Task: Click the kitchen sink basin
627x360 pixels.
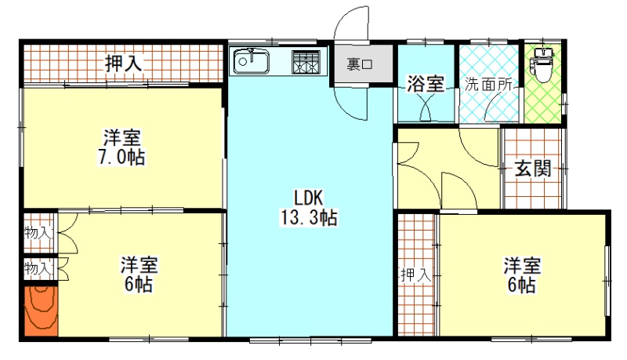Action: click(x=251, y=61)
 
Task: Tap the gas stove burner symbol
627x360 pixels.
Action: click(x=306, y=62)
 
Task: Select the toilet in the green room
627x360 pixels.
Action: click(x=542, y=65)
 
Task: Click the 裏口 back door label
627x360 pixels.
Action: click(x=360, y=64)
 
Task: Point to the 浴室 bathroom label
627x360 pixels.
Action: click(x=426, y=84)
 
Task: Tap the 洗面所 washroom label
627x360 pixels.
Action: click(x=488, y=85)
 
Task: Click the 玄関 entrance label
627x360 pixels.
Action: click(x=533, y=169)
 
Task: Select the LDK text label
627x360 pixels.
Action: click(x=308, y=198)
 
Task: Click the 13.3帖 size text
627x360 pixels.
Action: click(x=309, y=218)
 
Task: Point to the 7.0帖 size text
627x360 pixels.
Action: click(x=121, y=157)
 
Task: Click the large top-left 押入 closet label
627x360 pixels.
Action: click(x=124, y=64)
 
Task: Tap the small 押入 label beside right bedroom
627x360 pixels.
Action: click(x=416, y=275)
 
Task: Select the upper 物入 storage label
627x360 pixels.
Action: click(x=38, y=233)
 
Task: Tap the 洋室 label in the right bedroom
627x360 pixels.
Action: click(x=522, y=266)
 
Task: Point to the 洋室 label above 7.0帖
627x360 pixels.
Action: click(x=122, y=138)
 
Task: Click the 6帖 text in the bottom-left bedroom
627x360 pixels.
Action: click(x=139, y=285)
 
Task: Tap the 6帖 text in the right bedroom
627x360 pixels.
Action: click(x=522, y=285)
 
